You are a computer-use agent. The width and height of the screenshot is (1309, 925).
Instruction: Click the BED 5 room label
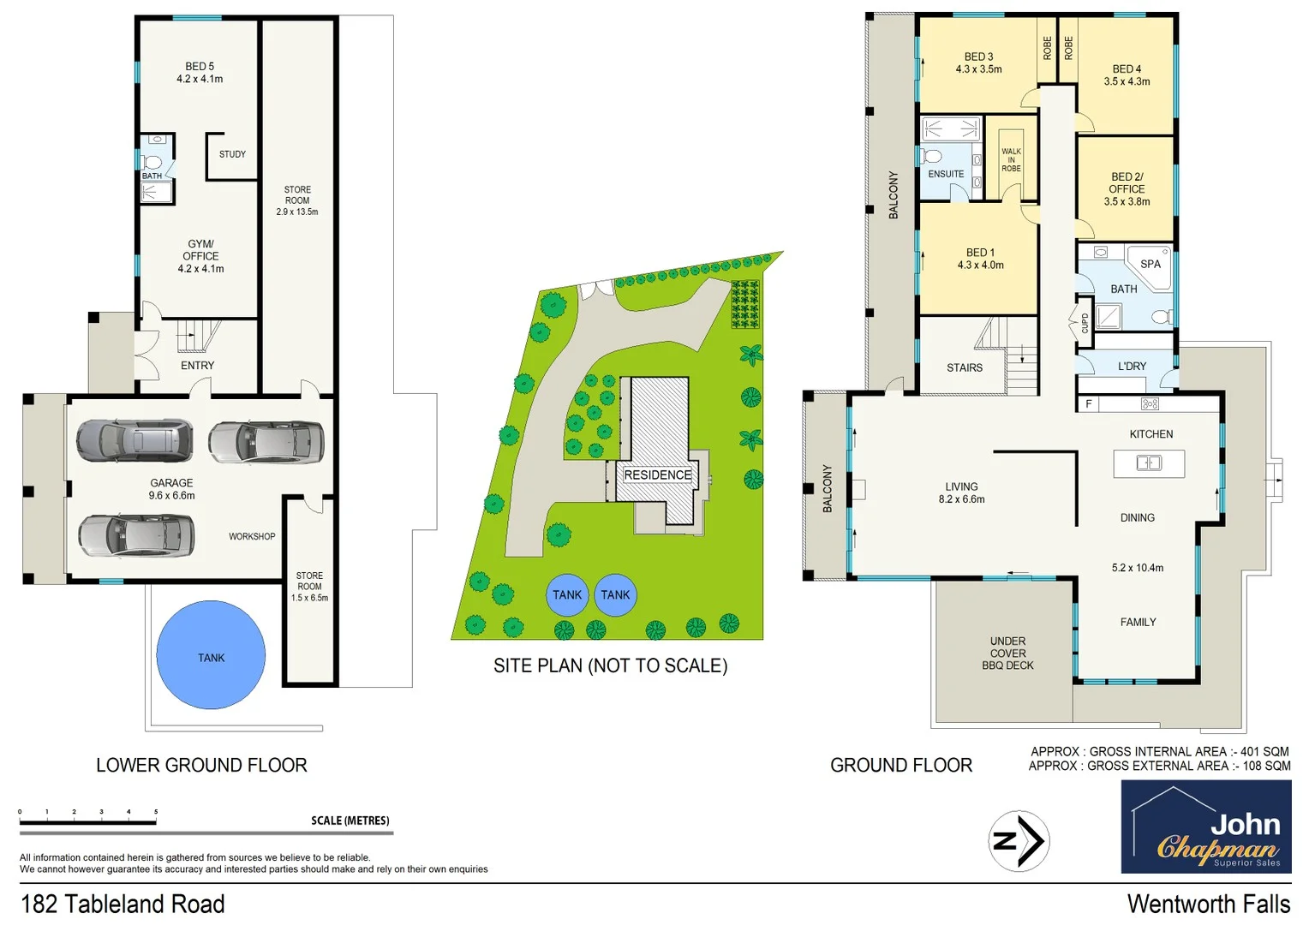tap(200, 67)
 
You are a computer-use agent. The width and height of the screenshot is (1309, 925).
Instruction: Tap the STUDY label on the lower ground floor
tap(232, 155)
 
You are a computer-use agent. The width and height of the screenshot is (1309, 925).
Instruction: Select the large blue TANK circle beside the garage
tap(211, 655)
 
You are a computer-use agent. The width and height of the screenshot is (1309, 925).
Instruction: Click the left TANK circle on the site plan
tap(567, 595)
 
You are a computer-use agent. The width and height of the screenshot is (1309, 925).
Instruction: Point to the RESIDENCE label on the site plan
tap(657, 475)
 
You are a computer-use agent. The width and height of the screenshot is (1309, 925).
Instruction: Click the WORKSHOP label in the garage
tap(252, 537)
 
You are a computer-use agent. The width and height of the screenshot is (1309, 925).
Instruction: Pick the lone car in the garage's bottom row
tap(136, 535)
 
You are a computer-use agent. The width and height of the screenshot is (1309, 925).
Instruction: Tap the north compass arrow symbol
tap(1019, 841)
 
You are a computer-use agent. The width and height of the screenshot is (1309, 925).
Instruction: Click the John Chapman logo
tap(1205, 827)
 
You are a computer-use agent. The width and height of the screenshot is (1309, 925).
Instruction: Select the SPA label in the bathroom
tap(1151, 265)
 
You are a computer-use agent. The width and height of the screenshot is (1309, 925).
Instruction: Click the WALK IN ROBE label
tap(1011, 160)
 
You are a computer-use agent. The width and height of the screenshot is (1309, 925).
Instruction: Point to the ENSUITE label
tap(946, 175)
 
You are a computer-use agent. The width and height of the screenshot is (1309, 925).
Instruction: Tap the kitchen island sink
tap(1148, 463)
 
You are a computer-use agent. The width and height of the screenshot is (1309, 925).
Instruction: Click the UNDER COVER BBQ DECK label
tap(1007, 653)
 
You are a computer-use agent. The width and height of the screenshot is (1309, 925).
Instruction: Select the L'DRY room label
tap(1132, 367)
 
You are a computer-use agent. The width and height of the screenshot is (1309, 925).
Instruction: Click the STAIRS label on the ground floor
tap(965, 368)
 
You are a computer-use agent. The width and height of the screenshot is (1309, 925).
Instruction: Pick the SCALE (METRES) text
tap(350, 821)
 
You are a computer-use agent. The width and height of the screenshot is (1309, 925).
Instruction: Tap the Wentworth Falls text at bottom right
tap(1208, 904)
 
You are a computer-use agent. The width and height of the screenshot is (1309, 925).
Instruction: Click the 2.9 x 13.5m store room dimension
tap(297, 212)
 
